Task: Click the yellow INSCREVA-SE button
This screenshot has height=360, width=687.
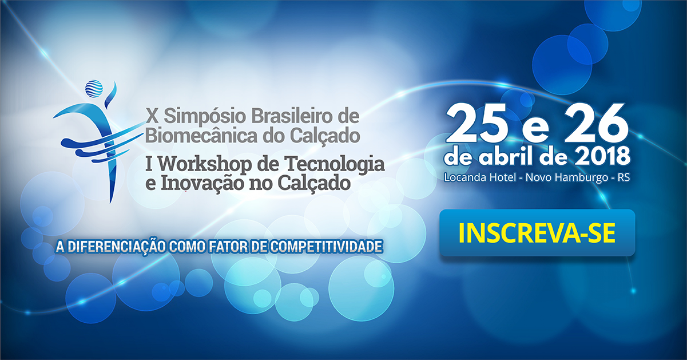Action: (537, 233)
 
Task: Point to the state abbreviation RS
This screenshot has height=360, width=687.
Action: (623, 177)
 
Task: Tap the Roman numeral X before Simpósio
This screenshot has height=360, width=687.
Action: (152, 116)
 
